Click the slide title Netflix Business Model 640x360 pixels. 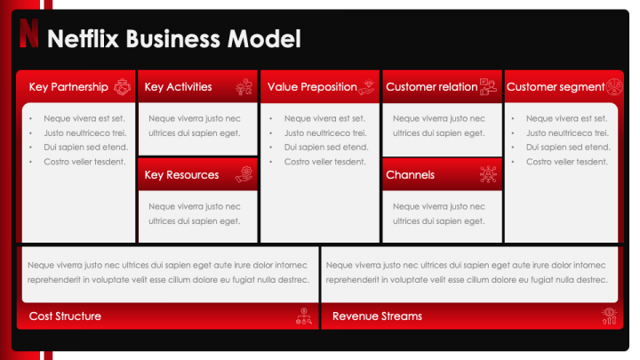tap(173, 38)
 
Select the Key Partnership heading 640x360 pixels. tap(68, 87)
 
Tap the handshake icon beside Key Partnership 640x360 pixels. tap(123, 87)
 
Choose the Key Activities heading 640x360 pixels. tap(178, 87)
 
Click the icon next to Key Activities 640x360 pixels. tap(244, 87)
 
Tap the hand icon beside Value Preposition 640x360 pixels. tap(368, 87)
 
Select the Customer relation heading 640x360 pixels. tap(431, 87)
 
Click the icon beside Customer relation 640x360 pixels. tap(488, 87)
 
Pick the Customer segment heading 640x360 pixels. tap(556, 87)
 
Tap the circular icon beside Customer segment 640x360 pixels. tap(613, 87)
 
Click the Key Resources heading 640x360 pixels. tap(181, 175)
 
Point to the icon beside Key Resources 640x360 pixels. tap(244, 175)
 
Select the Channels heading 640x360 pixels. tap(410, 175)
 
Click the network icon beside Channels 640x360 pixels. tap(488, 175)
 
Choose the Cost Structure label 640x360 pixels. tap(65, 316)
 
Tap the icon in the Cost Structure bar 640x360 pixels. tap(303, 316)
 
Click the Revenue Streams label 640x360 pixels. tap(377, 316)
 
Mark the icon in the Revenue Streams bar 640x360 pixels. tap(609, 316)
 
